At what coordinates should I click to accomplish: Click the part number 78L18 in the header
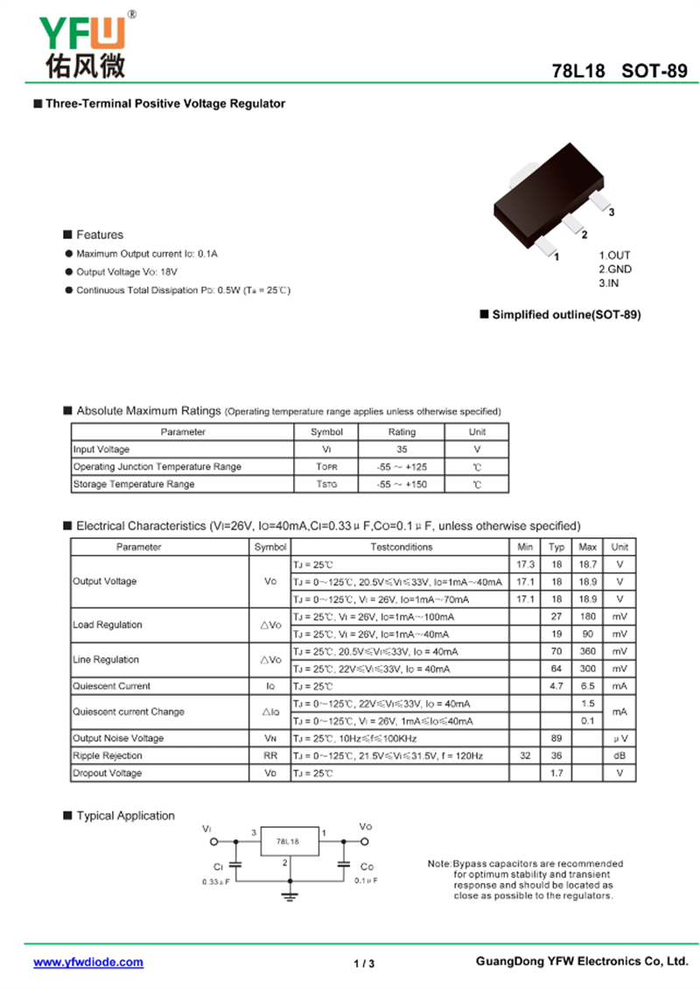[578, 72]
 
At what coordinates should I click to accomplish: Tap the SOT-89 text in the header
[654, 72]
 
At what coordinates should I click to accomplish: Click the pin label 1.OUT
[614, 256]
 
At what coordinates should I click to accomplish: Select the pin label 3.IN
[610, 284]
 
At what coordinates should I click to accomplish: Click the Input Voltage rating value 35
[402, 449]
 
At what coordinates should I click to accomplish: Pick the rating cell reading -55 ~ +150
[402, 484]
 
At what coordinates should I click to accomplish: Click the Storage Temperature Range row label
[134, 484]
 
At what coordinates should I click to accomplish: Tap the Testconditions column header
[401, 547]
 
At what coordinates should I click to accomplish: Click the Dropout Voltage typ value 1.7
[556, 773]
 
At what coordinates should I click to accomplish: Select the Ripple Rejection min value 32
[525, 755]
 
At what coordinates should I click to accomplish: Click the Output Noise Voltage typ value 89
[556, 739]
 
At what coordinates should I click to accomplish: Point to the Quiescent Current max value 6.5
[588, 686]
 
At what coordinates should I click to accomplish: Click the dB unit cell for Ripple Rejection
[619, 755]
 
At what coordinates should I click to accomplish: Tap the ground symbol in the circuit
[288, 894]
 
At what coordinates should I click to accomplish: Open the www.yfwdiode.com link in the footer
[88, 962]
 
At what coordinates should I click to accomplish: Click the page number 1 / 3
[364, 964]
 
